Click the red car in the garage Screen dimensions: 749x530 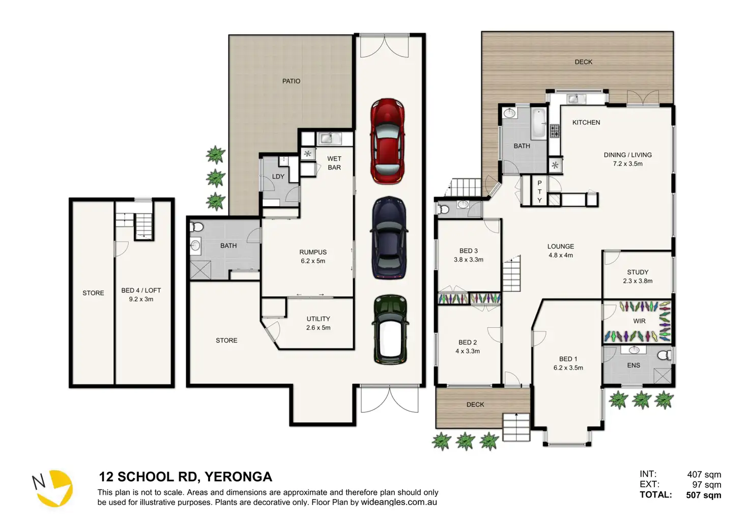[388, 141]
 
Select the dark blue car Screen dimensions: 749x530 [389, 238]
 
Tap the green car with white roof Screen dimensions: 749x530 [390, 329]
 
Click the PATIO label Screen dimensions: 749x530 [291, 81]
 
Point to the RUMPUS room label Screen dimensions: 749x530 [312, 252]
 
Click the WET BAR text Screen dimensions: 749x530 [334, 163]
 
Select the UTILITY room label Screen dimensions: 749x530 [319, 319]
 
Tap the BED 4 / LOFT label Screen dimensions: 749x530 [141, 290]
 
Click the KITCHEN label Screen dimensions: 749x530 [586, 123]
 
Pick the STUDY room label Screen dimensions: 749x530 [638, 272]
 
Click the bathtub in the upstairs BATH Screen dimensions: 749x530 [538, 123]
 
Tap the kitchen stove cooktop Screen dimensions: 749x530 [555, 131]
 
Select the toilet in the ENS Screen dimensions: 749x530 [665, 355]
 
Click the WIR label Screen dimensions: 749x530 [639, 321]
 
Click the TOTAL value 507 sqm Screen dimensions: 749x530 [704, 495]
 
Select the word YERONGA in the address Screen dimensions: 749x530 [238, 477]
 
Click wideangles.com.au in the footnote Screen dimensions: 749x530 [398, 502]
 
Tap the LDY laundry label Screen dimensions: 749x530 [278, 177]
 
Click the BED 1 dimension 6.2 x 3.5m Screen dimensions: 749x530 [568, 368]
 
